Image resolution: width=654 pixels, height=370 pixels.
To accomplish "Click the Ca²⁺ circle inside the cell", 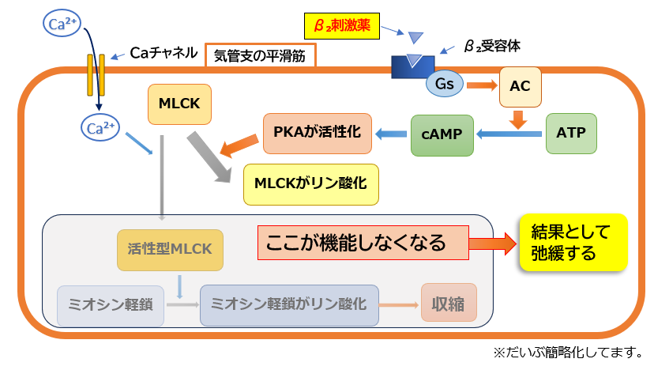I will point(99,126).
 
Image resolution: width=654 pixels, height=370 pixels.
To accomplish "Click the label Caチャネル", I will point(163,53).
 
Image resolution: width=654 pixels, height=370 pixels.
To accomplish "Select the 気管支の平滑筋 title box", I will point(260,55).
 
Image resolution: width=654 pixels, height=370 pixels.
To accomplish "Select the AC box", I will point(520,87).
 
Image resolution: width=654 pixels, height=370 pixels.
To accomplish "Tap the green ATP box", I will point(571,134).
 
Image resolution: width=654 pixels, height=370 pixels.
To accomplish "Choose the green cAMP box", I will point(436,135).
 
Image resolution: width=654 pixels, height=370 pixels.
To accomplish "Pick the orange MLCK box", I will point(179,104).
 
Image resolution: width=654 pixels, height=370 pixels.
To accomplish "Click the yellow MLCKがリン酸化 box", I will point(311,183).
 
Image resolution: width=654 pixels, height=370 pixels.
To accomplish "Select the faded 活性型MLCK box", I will point(170,249).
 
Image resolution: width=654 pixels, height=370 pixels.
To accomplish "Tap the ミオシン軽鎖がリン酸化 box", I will point(289,304).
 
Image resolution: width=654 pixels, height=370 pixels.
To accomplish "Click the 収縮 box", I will point(449,303).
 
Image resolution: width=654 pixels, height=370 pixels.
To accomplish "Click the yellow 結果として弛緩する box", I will point(573,243).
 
